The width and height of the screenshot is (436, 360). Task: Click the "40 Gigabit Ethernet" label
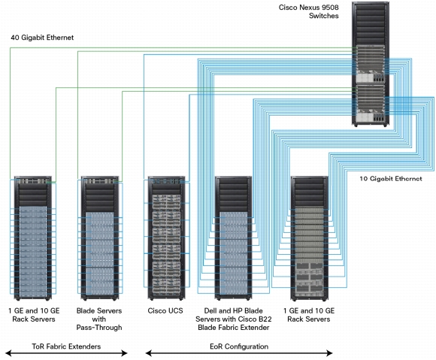click(42, 38)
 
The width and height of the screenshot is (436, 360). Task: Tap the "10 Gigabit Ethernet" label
click(391, 178)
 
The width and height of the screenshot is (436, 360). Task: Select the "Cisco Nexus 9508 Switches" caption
click(309, 11)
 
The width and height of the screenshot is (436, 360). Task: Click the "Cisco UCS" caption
click(165, 310)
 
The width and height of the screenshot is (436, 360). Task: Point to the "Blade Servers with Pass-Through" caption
click(99, 319)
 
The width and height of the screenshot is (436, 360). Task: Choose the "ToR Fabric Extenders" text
click(66, 346)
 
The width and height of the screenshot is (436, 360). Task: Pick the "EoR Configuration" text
click(239, 346)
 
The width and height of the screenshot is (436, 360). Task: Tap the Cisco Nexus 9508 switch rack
click(371, 64)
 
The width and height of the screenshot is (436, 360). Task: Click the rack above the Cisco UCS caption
click(167, 238)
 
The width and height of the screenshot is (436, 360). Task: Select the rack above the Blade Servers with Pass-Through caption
click(99, 238)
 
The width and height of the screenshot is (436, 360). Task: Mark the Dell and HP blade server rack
click(233, 238)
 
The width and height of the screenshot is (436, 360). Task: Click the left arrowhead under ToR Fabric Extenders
click(8, 353)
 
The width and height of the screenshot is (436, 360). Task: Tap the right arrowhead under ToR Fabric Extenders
click(124, 353)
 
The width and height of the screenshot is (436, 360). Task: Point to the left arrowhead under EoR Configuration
click(149, 353)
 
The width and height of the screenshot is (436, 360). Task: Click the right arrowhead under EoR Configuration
click(329, 353)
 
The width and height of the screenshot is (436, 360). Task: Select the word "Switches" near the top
click(324, 16)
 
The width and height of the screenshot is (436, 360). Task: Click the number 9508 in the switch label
click(329, 8)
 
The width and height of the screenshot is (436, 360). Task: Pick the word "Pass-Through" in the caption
click(99, 328)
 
